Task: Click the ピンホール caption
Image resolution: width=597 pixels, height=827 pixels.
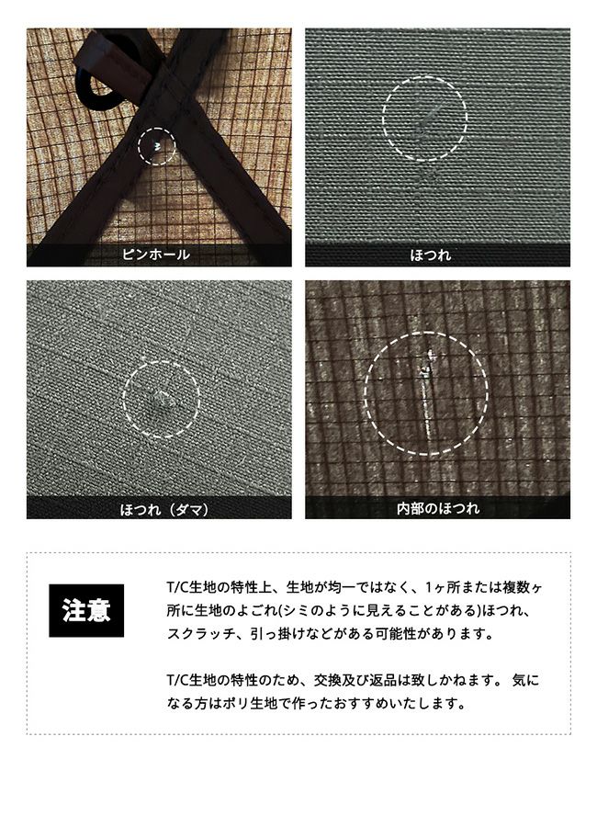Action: coord(156,255)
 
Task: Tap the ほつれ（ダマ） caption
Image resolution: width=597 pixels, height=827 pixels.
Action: coord(164,509)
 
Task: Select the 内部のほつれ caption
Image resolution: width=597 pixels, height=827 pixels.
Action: coord(438,508)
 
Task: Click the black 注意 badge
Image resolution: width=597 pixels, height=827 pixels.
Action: coord(86,610)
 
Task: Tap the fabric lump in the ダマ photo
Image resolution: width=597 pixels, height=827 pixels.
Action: coord(162,400)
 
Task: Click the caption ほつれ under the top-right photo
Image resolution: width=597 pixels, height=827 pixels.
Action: coord(431,255)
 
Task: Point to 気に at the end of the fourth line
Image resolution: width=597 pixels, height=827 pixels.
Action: coord(525,680)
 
